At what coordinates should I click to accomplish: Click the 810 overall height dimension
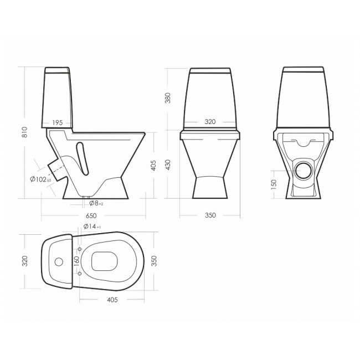point(25,132)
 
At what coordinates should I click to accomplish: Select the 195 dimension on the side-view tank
point(58,122)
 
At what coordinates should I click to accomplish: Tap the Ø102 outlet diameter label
point(40,179)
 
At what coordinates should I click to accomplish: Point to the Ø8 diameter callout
point(96,203)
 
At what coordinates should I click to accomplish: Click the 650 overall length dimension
point(91,216)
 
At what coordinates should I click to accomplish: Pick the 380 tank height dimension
point(168,98)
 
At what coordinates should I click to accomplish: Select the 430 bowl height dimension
point(168,165)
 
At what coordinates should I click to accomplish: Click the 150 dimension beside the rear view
point(274,184)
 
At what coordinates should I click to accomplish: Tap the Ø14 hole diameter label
point(92,227)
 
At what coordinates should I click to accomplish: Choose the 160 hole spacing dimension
point(77,261)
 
